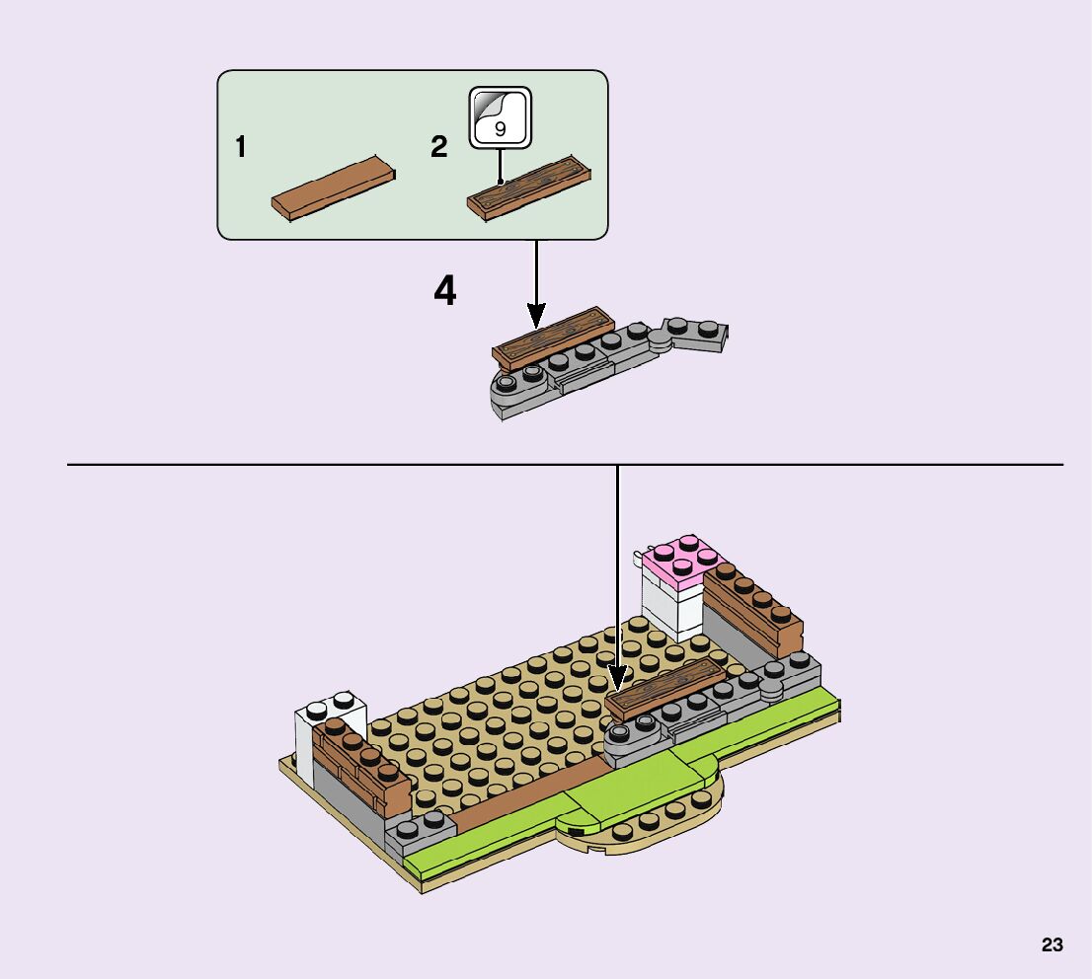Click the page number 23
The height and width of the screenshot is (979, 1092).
[x=1052, y=945]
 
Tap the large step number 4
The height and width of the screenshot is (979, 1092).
[x=446, y=291]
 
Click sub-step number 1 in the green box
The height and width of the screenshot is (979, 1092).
[x=240, y=149]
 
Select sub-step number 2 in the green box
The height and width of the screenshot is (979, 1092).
[x=439, y=149]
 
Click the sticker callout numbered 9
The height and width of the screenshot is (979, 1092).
[x=500, y=117]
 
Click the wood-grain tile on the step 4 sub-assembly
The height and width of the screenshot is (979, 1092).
[x=552, y=337]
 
